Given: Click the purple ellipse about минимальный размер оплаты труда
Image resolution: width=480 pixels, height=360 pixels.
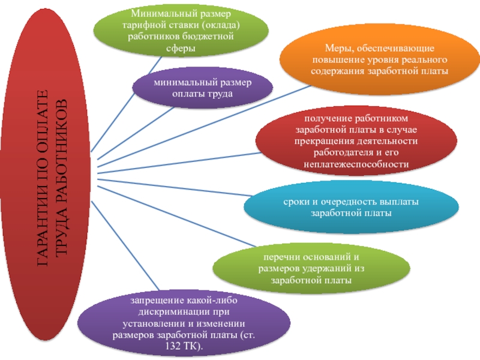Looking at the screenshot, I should point(202,88).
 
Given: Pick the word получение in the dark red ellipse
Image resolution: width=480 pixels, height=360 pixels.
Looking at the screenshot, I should point(326,118).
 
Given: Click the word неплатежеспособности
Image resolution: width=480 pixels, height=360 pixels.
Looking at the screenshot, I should point(356,164).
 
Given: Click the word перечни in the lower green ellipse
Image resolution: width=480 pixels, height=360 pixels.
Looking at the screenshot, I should point(272,257).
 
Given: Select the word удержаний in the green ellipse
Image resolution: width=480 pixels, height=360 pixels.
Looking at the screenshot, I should point(326,268).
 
